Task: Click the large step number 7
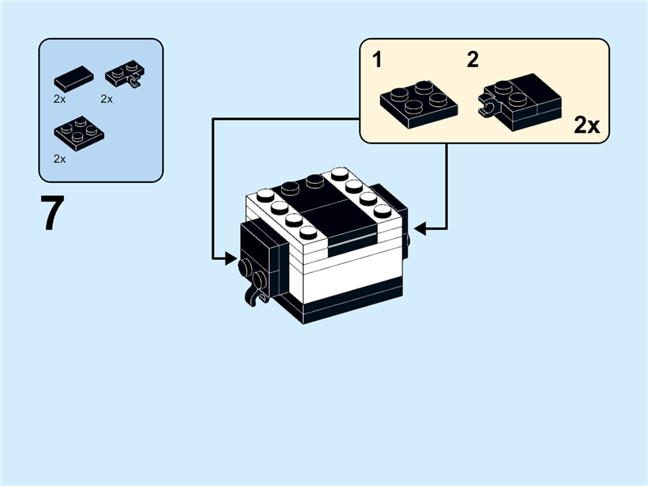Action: coord(52,215)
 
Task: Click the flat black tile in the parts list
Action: coord(74,79)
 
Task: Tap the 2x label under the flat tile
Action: coord(59,99)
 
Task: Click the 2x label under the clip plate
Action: coord(106,99)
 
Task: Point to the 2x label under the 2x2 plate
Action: coord(59,159)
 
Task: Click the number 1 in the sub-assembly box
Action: coord(377,59)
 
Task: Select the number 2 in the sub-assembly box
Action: coord(473,59)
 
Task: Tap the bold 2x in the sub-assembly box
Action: coord(586,126)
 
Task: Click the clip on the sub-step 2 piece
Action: coord(488,104)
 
